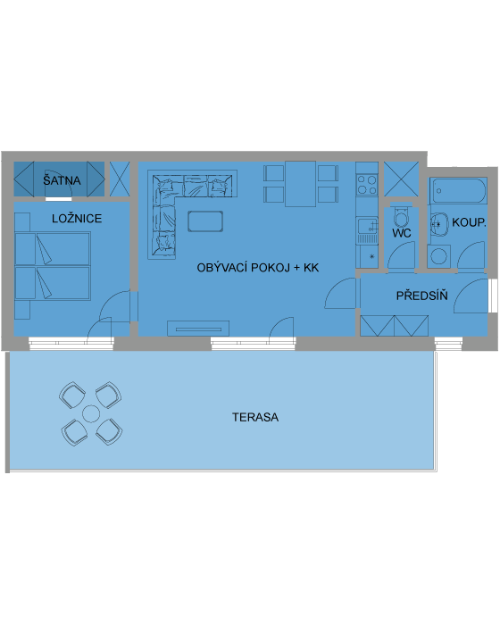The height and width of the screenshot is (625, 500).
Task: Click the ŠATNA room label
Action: point(62,179)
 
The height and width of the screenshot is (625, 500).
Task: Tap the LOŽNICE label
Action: point(77,219)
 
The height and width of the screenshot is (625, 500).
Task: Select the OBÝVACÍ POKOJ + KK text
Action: point(258,268)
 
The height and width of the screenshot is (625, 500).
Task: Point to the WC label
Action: point(402,233)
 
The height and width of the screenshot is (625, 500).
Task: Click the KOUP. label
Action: point(469,222)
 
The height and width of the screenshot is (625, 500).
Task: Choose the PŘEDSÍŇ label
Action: point(421,296)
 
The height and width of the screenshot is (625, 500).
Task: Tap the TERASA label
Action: point(255,417)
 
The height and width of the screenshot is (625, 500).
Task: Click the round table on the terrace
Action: point(91,413)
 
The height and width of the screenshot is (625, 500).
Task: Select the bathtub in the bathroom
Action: point(458,190)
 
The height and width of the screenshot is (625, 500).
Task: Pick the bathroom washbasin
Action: point(438,224)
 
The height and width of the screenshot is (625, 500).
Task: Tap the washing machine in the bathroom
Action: point(439,256)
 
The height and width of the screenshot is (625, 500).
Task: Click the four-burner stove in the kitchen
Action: point(367,185)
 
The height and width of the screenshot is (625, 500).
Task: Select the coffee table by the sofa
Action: point(205,221)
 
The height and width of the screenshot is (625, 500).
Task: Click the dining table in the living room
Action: point(300,184)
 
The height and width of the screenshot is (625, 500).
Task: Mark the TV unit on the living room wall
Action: point(198,329)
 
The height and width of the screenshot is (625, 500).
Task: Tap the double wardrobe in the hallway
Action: point(395,326)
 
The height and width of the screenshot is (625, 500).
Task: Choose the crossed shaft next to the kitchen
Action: point(401,179)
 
